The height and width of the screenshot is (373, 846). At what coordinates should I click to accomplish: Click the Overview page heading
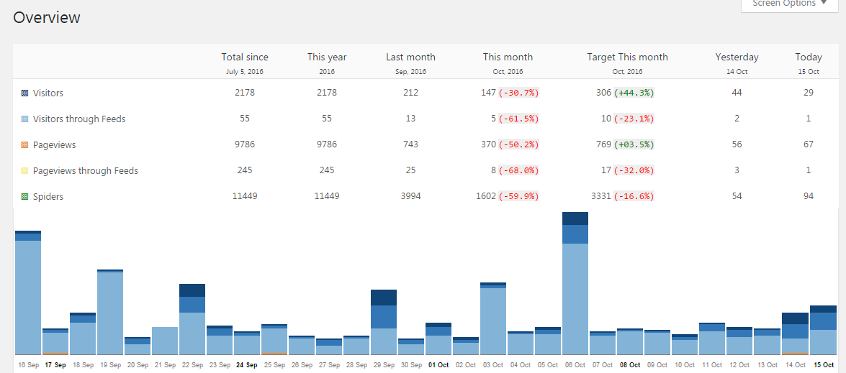46,17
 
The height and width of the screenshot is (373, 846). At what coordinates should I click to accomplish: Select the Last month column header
410,57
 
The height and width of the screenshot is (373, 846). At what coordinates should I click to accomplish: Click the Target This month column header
628,57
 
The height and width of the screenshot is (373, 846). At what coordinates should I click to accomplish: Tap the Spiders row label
48,196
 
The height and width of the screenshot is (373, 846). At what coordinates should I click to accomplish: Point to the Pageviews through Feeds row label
85,170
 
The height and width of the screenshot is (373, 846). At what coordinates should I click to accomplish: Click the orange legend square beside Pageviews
24,144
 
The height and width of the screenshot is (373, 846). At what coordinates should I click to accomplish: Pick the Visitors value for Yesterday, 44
737,93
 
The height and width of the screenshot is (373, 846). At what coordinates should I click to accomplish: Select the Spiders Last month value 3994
410,196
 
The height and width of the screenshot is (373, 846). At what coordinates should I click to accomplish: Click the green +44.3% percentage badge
634,93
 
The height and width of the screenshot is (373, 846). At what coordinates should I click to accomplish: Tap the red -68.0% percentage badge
519,170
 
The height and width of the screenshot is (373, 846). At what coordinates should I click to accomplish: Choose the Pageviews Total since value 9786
244,144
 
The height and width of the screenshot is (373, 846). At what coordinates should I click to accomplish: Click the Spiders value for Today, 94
809,196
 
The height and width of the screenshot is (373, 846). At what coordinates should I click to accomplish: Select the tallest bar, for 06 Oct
575,283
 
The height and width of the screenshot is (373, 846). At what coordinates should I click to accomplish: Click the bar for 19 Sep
110,312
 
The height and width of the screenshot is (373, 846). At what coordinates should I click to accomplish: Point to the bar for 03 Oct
493,318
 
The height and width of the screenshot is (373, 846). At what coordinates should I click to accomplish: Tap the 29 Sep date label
384,365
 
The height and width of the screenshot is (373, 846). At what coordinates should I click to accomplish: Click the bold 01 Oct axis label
438,365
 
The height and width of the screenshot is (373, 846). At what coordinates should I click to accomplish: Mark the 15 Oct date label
824,365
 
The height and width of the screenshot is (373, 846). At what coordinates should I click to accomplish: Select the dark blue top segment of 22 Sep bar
192,290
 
